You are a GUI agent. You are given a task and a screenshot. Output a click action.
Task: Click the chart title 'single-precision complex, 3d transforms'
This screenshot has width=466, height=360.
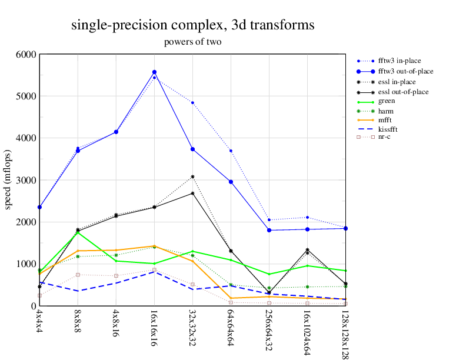click(192, 25)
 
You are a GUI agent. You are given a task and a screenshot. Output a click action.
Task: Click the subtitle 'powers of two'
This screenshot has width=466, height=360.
click(192, 42)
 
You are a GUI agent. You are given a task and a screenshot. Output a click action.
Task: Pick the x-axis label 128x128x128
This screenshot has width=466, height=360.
click(345, 333)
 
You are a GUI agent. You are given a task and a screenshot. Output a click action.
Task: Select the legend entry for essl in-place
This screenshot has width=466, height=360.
click(397, 82)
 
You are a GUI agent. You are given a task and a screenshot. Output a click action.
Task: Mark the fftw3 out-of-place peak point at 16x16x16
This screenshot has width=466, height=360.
click(154, 72)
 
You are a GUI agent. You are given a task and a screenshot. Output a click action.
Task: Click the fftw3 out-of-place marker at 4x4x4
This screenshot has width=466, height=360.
click(39, 207)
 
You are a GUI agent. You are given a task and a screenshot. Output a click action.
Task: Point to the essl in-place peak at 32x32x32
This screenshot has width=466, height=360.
click(192, 176)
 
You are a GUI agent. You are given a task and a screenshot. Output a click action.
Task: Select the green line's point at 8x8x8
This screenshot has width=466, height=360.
click(78, 232)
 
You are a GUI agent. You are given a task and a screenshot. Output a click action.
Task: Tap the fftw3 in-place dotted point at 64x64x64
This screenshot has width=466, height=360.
click(231, 151)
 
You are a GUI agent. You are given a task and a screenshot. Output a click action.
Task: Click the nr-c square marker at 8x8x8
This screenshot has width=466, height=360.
click(78, 275)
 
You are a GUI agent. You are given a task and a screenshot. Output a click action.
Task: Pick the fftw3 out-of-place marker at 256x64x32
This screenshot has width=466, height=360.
click(269, 230)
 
